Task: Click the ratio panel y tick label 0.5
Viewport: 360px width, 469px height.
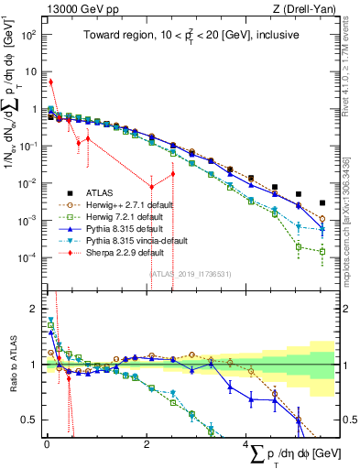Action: pyautogui.click(x=29, y=420)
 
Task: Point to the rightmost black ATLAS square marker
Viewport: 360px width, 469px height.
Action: pyautogui.click(x=322, y=203)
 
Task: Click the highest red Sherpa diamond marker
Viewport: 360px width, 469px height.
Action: pyautogui.click(x=51, y=82)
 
